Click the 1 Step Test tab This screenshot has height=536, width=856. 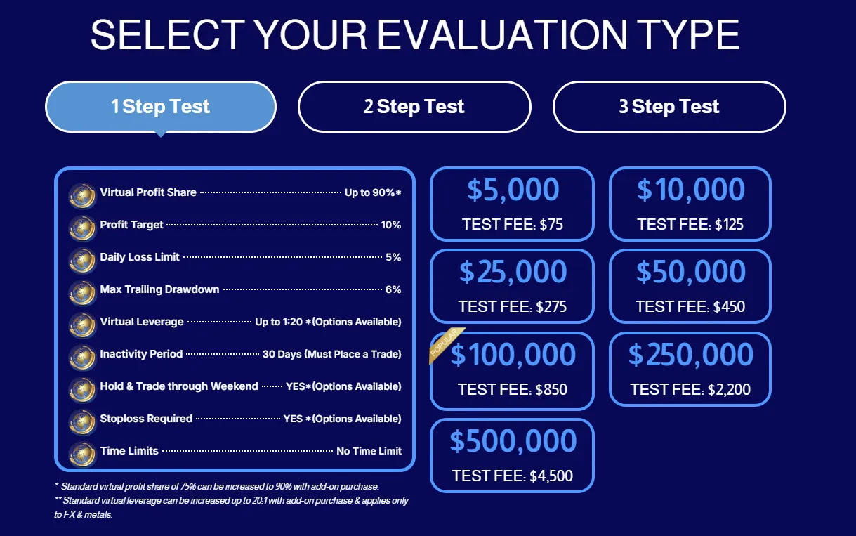(160, 107)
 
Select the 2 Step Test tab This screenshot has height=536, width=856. (414, 107)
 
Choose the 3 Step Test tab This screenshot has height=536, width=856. (669, 107)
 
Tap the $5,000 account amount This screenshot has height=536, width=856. (513, 190)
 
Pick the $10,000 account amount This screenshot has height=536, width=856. (690, 190)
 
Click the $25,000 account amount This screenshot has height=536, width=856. (513, 272)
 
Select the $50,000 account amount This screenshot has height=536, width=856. (690, 272)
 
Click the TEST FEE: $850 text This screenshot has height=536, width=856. (513, 389)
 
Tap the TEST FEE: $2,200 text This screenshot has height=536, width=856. (690, 389)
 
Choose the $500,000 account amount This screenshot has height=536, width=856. (513, 441)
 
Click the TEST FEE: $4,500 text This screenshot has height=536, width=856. (513, 476)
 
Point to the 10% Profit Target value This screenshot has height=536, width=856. (391, 225)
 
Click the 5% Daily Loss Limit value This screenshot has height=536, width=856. (393, 257)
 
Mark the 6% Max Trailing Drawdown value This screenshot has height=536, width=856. (393, 289)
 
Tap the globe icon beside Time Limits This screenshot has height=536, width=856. (82, 452)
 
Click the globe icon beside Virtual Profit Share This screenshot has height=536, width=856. (82, 194)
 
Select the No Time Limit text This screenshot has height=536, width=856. (369, 451)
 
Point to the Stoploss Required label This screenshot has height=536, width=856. (146, 419)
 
